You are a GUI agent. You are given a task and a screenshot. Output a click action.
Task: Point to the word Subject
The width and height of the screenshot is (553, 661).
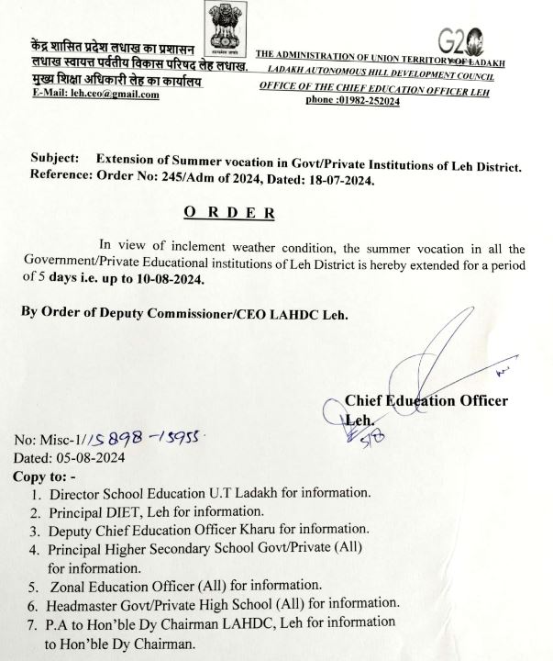point(54,159)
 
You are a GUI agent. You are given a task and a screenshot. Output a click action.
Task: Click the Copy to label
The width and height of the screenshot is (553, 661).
point(45,476)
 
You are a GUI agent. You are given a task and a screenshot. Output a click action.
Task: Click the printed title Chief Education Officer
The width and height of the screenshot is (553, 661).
point(427,400)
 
